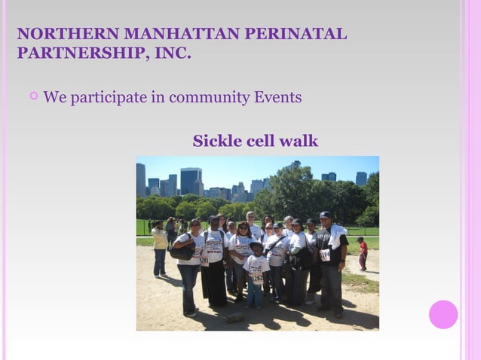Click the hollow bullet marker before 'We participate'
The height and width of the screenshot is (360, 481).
[33, 96]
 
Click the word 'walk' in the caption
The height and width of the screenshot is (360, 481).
[299, 141]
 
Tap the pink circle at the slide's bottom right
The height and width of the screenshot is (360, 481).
[443, 314]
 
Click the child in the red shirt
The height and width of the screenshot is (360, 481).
[363, 254]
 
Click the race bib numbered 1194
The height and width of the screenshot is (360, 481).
[325, 255]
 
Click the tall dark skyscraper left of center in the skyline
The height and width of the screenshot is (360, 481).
[191, 181]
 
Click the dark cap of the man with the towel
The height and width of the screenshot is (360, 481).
[325, 215]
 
